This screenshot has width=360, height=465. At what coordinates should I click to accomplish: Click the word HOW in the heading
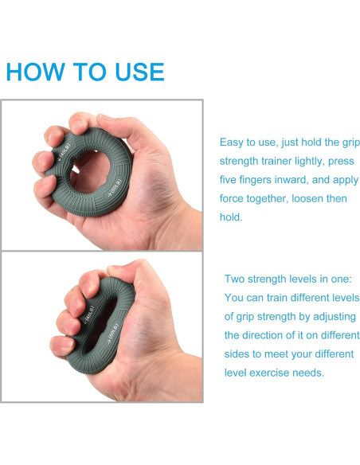coord(35,72)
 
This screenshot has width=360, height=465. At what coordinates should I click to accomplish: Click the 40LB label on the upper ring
coord(65,152)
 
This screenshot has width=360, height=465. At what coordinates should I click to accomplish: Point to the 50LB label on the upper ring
coord(115,186)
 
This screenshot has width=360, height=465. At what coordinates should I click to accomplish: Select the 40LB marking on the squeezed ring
coord(89,315)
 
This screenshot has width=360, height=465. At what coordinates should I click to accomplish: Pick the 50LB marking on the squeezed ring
coord(113,333)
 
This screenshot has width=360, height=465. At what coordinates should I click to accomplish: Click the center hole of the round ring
coord(90,171)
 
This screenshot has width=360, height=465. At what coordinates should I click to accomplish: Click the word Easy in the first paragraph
coord(231,143)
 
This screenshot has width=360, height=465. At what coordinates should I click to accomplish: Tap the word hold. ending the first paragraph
coord(231,217)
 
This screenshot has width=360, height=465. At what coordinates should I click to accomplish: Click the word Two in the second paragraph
coord(234,279)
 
